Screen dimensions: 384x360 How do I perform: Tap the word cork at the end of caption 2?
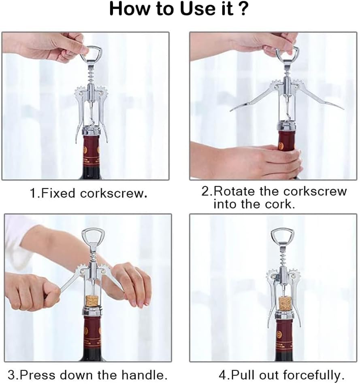(279, 204)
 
